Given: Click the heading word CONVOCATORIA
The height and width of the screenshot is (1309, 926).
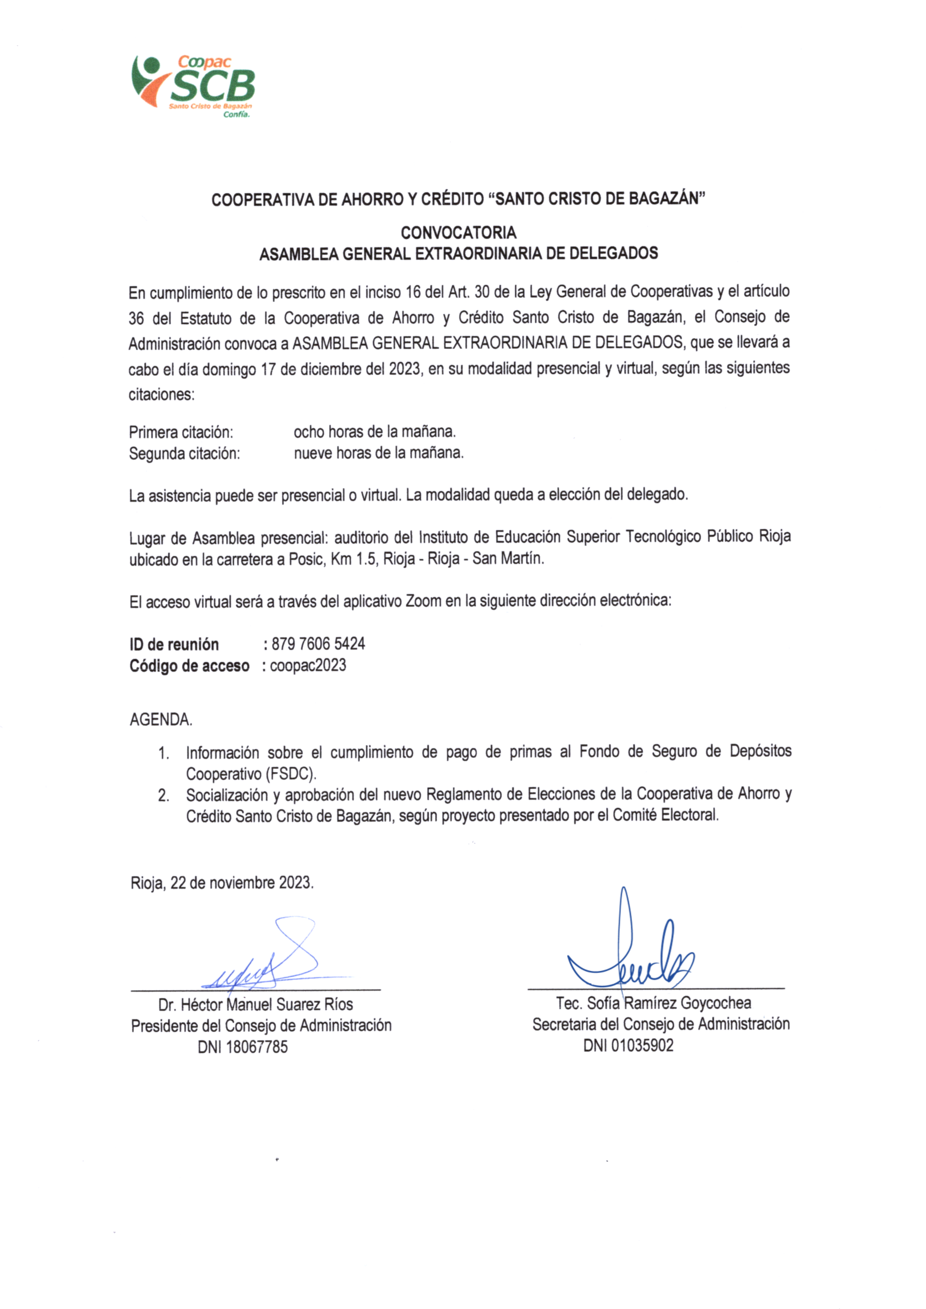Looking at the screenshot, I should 458,233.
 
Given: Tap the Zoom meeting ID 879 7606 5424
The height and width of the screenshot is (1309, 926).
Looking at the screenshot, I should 318,644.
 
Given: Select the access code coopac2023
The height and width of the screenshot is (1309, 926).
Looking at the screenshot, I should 308,666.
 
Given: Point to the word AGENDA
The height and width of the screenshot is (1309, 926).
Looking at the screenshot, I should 161,720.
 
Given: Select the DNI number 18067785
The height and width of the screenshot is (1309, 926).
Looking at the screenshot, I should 257,1047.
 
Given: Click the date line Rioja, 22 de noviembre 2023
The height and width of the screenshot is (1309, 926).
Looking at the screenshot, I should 222,883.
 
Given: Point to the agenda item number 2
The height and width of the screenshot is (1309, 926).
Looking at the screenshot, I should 163,796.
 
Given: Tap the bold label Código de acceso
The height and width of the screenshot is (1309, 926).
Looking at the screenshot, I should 189,666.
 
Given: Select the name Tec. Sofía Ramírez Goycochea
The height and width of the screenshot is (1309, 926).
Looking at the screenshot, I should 654,1003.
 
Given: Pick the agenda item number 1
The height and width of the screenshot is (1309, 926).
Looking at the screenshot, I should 163,753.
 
